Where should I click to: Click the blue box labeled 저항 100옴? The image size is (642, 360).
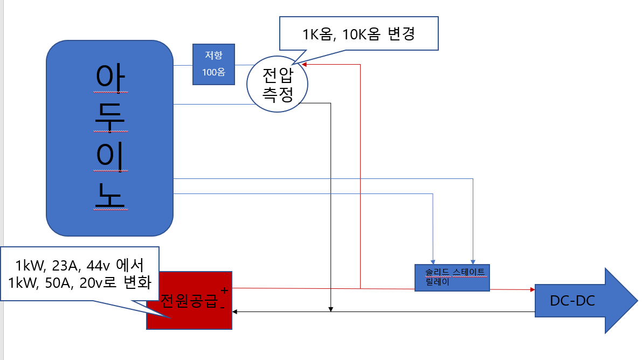click(214, 64)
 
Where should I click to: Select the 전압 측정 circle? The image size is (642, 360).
click(277, 84)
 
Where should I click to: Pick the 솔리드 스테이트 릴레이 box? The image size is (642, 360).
click(452, 278)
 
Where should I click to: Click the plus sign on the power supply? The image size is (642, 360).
click(224, 290)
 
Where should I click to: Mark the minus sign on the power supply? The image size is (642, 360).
click(222, 306)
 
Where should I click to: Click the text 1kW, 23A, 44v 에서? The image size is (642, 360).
click(79, 265)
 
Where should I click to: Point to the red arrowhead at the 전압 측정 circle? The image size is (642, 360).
click(305, 65)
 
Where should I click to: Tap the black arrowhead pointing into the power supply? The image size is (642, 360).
click(236, 311)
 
